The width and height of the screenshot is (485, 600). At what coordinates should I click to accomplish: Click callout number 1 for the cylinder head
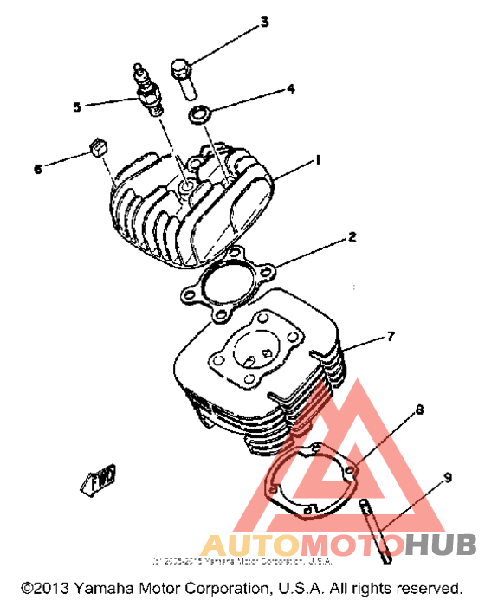[319, 160]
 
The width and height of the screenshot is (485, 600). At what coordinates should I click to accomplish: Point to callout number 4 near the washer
[291, 88]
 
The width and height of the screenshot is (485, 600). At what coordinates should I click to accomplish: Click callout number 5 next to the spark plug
[77, 107]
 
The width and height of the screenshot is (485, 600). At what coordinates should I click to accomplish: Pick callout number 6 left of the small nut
[37, 169]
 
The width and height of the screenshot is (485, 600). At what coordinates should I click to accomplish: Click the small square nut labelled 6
[98, 147]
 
